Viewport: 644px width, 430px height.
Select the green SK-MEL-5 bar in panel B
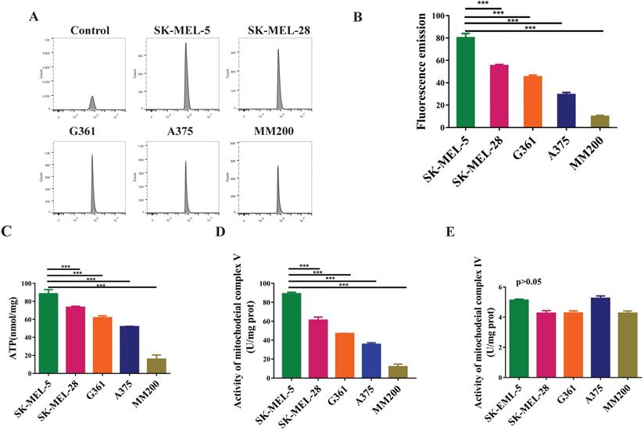point(466,82)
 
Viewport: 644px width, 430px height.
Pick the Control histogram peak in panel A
point(92,103)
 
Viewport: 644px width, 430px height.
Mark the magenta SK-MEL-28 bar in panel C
point(76,331)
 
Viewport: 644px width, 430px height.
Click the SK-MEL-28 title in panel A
point(278,31)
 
